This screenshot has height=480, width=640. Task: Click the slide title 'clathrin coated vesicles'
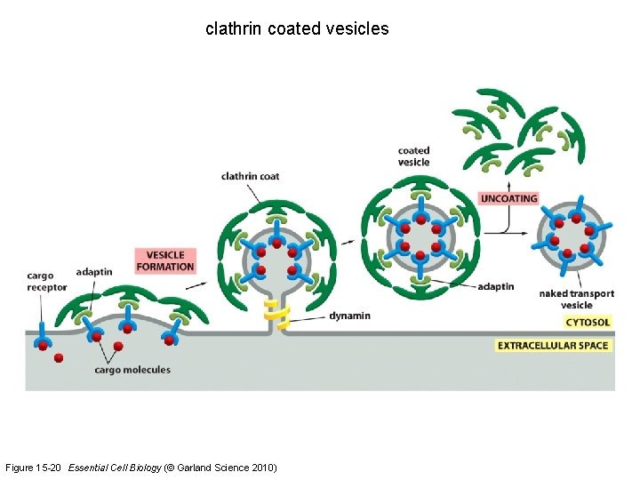point(297,28)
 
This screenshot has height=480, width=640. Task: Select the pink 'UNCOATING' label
point(508,198)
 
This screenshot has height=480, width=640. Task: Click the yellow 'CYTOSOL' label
point(588,322)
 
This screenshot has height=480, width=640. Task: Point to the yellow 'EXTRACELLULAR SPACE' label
point(554,345)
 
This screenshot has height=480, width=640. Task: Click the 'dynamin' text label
point(349,316)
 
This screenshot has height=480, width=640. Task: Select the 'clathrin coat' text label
point(250,176)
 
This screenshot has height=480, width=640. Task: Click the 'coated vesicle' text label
point(413,156)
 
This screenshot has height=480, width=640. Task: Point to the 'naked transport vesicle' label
point(577,300)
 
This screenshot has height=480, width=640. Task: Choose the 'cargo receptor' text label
point(46,281)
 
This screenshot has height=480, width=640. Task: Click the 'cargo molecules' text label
point(132,370)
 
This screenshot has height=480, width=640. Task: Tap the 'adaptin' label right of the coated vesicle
point(495,286)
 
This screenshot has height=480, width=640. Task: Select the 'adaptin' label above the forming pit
point(94,272)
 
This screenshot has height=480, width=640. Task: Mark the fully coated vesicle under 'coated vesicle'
point(420,236)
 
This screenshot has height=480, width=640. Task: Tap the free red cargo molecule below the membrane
point(59,358)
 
